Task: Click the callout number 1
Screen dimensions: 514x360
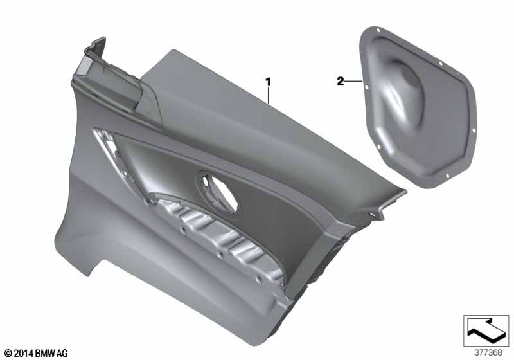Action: click(269, 82)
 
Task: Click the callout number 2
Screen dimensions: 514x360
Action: click(341, 81)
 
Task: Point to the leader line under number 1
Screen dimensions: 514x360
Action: click(269, 95)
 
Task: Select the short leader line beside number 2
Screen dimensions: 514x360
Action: click(353, 81)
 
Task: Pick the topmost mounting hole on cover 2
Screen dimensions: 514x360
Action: click(378, 30)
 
